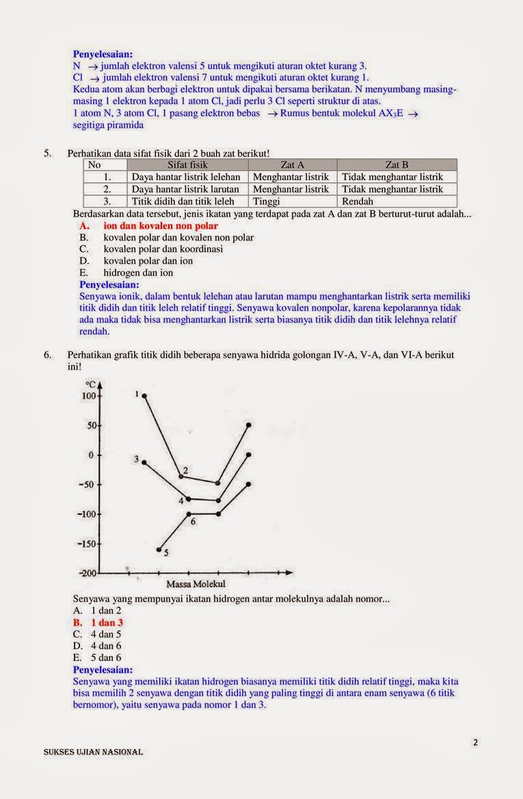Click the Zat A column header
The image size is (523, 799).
(293, 165)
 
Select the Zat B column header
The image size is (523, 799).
(397, 165)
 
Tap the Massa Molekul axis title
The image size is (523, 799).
(196, 585)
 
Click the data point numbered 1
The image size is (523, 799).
(144, 395)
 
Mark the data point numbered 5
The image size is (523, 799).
(159, 549)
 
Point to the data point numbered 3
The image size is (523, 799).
(144, 462)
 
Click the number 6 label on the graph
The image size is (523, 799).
(193, 522)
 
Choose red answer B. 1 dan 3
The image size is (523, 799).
(98, 623)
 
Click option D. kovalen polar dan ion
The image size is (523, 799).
(148, 261)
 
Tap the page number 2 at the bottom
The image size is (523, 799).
(475, 743)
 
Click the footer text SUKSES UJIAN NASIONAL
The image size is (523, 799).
(93, 752)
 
